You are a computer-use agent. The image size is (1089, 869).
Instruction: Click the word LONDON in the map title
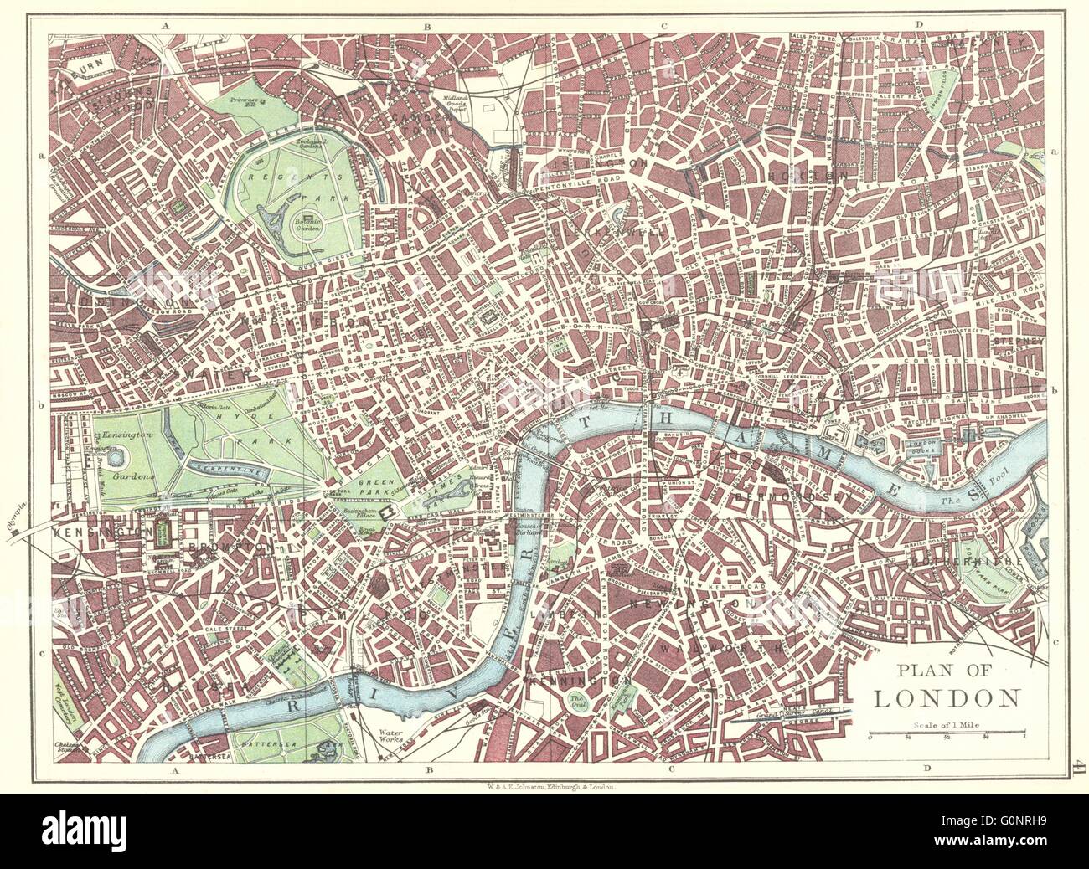[x=946, y=697]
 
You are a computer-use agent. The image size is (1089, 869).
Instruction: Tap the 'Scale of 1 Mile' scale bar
[x=947, y=735]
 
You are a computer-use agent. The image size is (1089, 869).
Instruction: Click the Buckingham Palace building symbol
[x=386, y=512]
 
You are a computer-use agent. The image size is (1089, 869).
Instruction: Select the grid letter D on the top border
[x=919, y=25]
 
